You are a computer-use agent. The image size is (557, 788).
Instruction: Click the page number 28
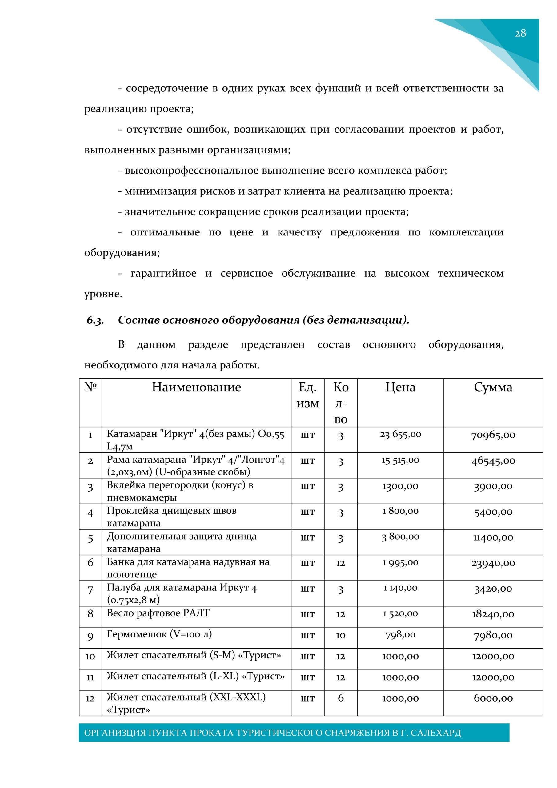point(520,33)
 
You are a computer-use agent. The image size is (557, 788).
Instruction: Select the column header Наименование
point(196,387)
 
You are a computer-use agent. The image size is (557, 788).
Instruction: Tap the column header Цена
point(400,387)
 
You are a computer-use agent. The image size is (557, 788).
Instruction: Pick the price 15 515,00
point(400,460)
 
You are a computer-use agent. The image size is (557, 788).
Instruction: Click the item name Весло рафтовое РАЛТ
point(158,613)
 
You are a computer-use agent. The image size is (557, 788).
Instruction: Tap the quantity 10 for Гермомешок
point(340,635)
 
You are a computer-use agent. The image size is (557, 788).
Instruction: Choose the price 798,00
point(400,635)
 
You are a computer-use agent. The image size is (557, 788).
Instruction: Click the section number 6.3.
point(95,320)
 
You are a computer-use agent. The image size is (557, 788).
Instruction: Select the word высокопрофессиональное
point(191,171)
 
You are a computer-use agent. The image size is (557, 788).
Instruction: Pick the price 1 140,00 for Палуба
point(400,588)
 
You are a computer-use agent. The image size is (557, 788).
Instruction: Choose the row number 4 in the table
point(90,513)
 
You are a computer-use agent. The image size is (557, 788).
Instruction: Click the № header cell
point(90,387)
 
